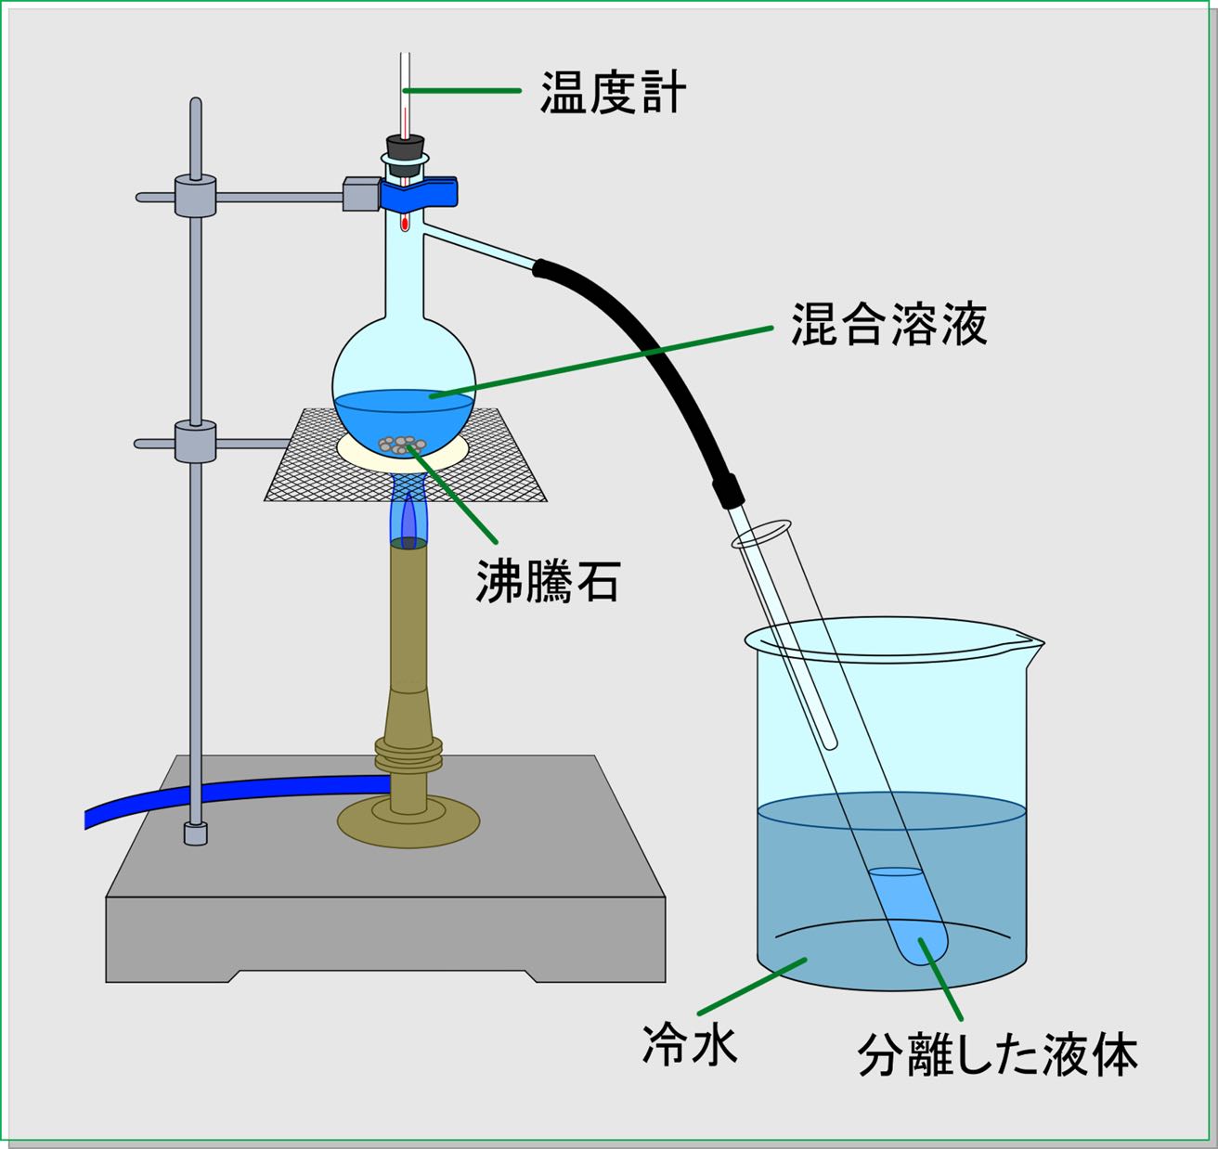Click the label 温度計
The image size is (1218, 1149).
613,93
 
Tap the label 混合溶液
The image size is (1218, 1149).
888,324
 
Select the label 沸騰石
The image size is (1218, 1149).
547,582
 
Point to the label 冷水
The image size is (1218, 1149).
690,1045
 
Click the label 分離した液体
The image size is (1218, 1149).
998,1055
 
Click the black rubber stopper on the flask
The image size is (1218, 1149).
405,147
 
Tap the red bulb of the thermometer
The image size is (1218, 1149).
405,223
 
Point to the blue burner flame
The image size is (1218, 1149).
408,515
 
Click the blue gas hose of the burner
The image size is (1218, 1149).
232,794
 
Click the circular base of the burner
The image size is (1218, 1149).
408,821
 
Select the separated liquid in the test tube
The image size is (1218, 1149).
910,914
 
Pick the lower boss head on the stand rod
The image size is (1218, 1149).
195,442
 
